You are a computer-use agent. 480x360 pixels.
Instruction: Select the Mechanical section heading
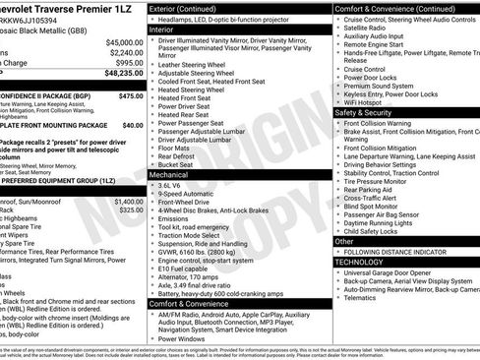coord(176,174)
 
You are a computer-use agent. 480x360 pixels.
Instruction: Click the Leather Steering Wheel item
coord(197,63)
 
